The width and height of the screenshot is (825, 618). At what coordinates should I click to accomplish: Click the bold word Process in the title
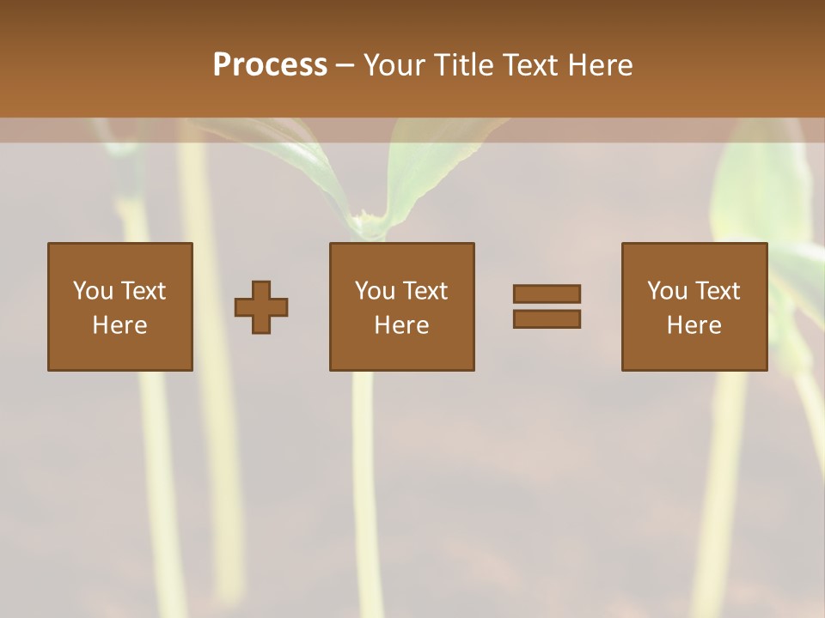click(270, 65)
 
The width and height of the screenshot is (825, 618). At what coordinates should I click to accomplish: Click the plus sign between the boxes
click(261, 307)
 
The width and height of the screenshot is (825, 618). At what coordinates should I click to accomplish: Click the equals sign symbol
click(547, 306)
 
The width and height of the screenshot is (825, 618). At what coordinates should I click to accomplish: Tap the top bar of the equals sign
click(547, 294)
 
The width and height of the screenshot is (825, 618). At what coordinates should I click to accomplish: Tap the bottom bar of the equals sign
click(547, 319)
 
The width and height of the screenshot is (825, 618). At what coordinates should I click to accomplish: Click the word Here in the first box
click(119, 325)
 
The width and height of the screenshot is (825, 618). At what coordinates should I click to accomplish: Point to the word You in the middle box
click(374, 291)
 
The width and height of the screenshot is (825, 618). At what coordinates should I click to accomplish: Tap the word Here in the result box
click(694, 325)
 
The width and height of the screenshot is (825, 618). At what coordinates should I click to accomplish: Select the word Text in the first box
click(143, 291)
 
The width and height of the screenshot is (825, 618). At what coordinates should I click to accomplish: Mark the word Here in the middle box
click(401, 325)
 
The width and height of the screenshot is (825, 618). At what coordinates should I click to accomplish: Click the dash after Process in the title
click(345, 65)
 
